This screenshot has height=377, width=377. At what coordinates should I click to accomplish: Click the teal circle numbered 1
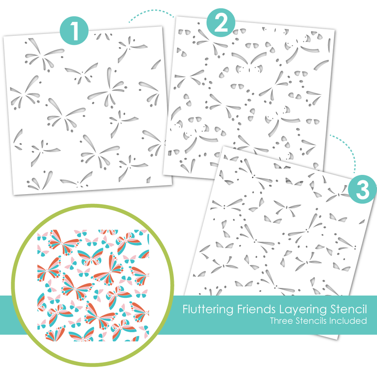coord(74,31)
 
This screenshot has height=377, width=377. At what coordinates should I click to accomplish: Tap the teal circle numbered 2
coord(221,23)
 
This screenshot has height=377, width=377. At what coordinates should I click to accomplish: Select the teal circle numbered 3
coord(362,189)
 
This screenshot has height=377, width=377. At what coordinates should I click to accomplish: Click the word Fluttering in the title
coord(208,309)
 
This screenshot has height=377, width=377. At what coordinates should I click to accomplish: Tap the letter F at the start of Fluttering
coord(186,309)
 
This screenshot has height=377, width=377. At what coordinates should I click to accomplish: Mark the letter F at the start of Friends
coord(240,309)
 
